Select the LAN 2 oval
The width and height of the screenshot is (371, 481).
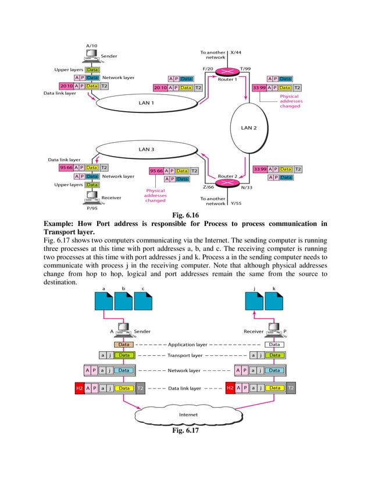[249, 128]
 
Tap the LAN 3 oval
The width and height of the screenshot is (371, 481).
[147, 149]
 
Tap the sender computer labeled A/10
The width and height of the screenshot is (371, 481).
[91, 56]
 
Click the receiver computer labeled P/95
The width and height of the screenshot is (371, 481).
[91, 196]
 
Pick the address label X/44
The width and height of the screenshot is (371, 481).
[236, 52]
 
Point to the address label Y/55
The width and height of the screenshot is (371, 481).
[236, 203]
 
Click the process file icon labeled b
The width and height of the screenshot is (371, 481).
[123, 300]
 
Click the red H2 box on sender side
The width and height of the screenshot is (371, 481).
[79, 388]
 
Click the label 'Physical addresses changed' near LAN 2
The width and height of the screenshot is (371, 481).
[290, 101]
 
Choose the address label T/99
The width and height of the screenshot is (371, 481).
[245, 68]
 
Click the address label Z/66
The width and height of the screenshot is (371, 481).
[209, 188]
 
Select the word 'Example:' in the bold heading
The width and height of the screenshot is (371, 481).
[62, 223]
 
